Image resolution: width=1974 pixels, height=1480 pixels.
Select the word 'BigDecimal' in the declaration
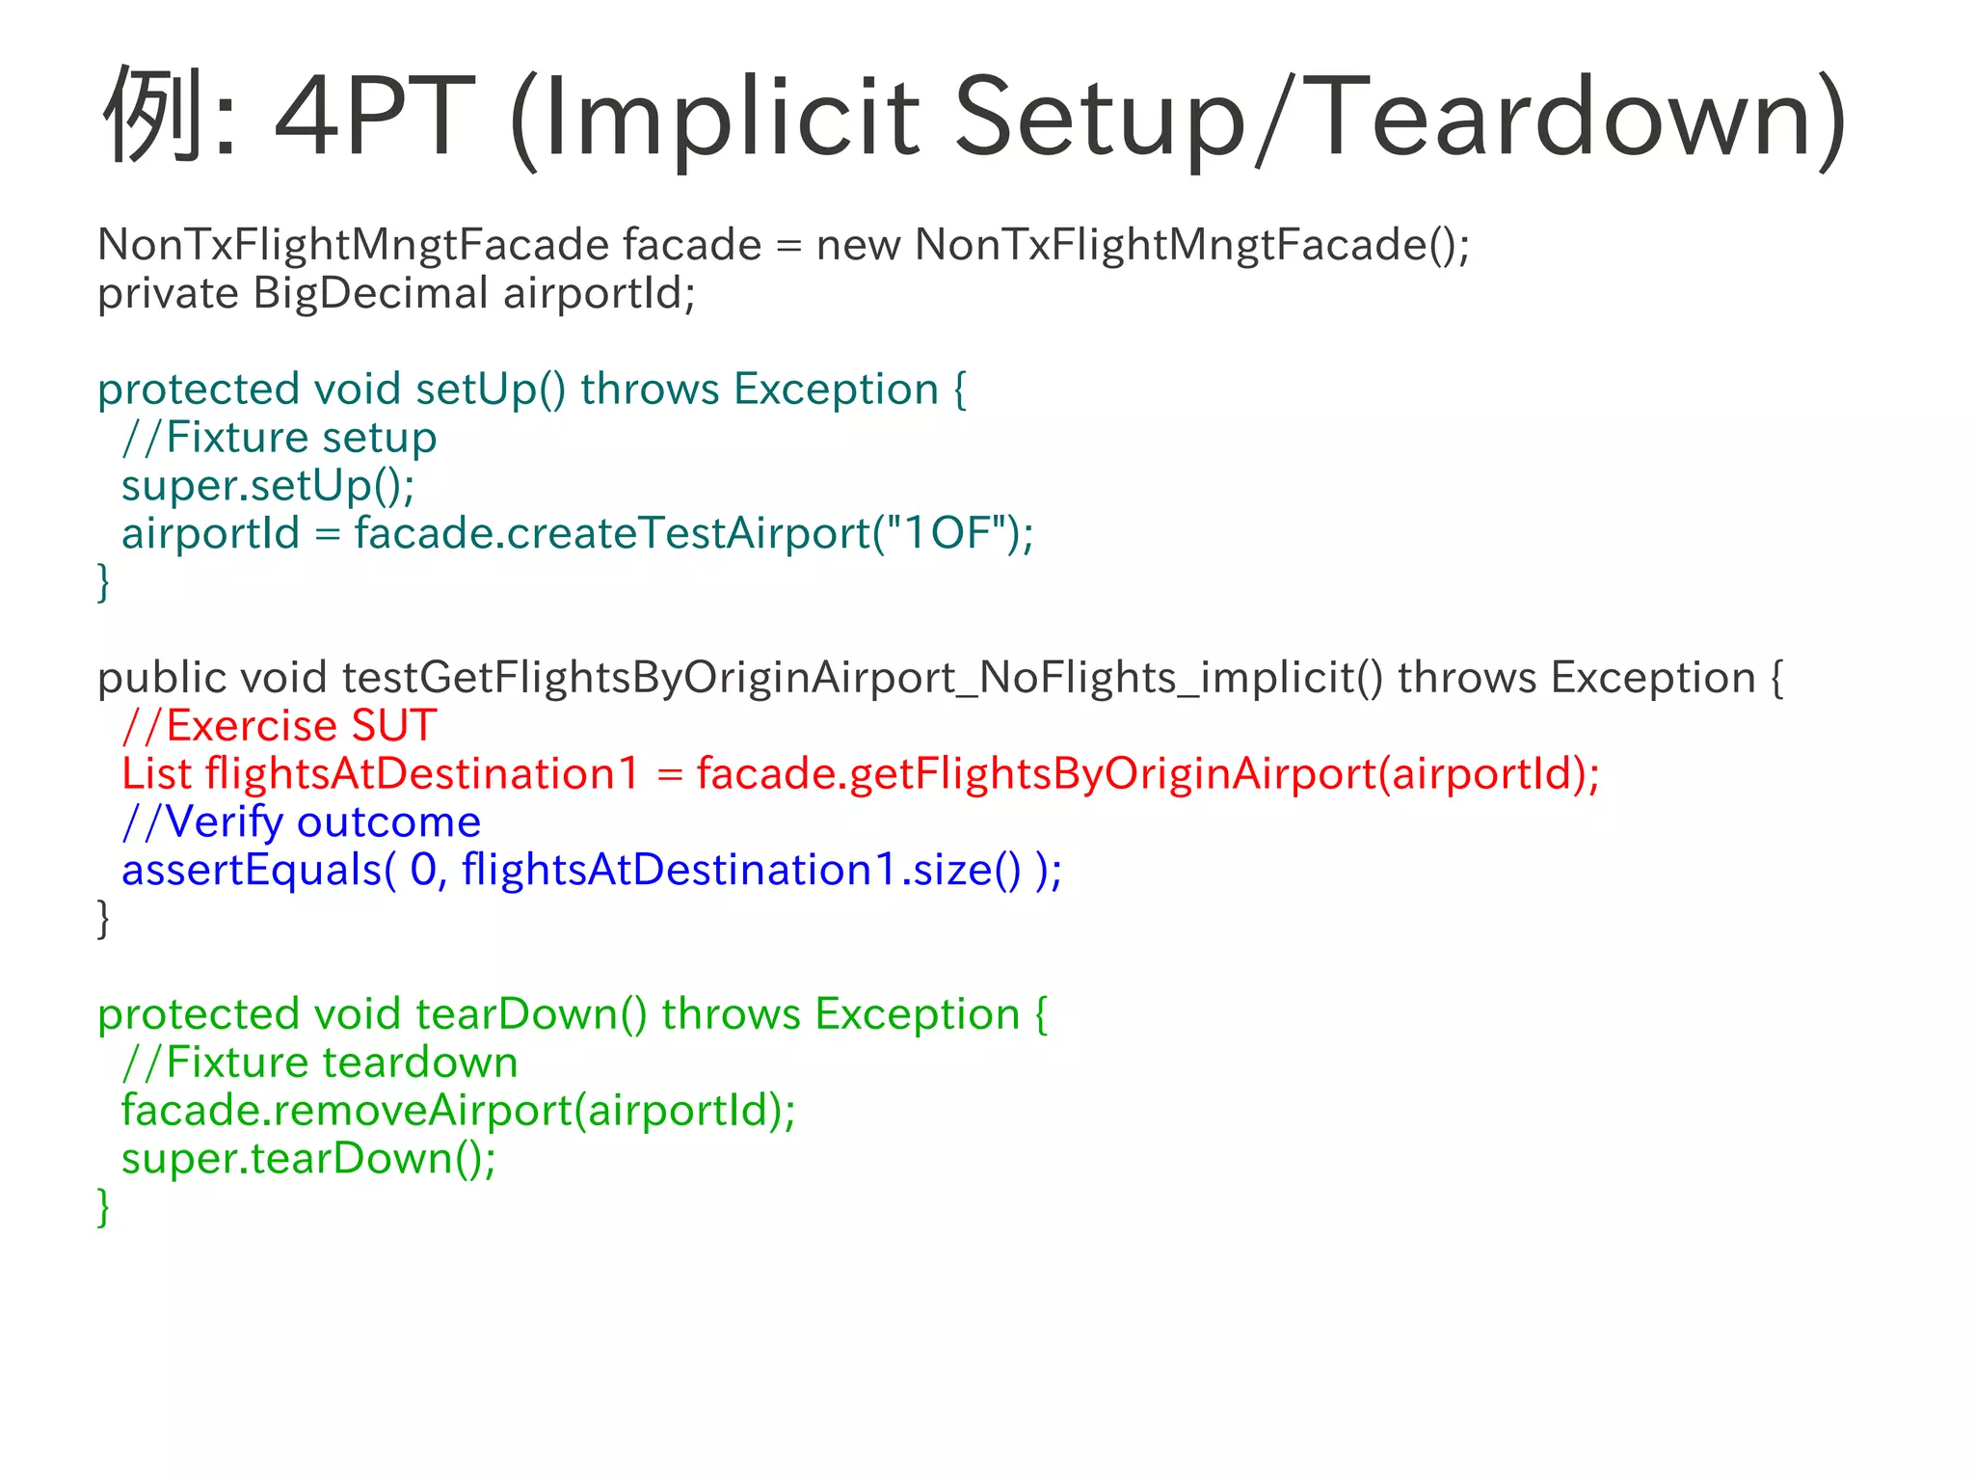(x=371, y=293)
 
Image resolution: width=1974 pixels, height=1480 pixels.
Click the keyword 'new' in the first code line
(x=858, y=245)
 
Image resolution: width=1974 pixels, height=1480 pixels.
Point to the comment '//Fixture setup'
(x=280, y=438)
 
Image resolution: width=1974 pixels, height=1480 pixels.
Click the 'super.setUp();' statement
(x=268, y=485)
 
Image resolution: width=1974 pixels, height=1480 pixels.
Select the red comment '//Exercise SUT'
(x=280, y=726)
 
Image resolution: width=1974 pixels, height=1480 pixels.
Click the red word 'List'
(x=156, y=774)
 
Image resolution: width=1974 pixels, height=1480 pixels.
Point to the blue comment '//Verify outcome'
(x=302, y=822)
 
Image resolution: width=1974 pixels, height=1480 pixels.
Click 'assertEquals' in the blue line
(x=253, y=870)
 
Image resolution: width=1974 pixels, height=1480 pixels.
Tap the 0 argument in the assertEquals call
(x=424, y=870)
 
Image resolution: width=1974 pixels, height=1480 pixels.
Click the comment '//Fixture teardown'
(x=320, y=1063)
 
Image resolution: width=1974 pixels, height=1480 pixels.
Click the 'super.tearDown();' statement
(x=308, y=1158)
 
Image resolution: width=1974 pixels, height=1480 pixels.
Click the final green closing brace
(x=104, y=1207)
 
